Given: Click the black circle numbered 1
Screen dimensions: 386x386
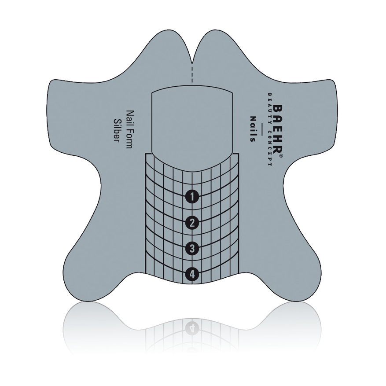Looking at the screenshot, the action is (x=192, y=196).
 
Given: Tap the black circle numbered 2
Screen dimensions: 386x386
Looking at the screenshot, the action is (x=192, y=223).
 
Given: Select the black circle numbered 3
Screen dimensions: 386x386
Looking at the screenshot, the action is (x=192, y=248).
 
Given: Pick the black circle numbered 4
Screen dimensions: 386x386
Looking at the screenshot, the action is (x=192, y=274).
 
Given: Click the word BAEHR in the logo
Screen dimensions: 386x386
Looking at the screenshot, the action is (x=277, y=130).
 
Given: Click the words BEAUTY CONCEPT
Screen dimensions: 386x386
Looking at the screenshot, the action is (x=269, y=129).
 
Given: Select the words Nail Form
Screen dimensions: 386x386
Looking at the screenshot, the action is (x=129, y=129).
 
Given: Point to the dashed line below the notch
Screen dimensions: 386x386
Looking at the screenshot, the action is (x=192, y=73).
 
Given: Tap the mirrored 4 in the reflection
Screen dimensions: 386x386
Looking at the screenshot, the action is (x=192, y=327).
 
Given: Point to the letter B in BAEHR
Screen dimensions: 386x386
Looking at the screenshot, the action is (x=277, y=109).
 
